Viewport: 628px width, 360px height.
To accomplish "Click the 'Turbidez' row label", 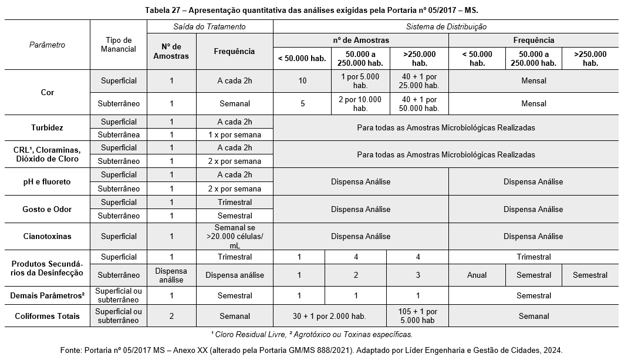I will pyautogui.click(x=47, y=127).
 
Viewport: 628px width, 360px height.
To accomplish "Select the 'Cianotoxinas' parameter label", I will pyautogui.click(x=47, y=236).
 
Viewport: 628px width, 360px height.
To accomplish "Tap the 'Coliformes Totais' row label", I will pyautogui.click(x=47, y=316).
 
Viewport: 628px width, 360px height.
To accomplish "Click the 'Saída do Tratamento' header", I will pyautogui.click(x=210, y=27).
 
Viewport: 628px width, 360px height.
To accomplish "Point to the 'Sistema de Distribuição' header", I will pyautogui.click(x=446, y=27).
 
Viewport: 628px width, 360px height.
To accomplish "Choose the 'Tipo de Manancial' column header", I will pyautogui.click(x=118, y=45).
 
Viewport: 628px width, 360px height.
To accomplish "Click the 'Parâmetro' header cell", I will pyautogui.click(x=47, y=45).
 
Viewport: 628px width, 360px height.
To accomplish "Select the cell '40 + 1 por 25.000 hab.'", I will pyautogui.click(x=419, y=81).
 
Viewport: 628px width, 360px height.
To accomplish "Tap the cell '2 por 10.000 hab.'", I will pyautogui.click(x=360, y=104).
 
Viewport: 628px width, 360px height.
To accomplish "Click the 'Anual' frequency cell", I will pyautogui.click(x=477, y=275).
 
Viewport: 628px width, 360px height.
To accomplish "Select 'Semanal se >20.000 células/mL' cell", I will pyautogui.click(x=234, y=236).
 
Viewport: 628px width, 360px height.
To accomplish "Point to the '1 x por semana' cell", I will pyautogui.click(x=234, y=134).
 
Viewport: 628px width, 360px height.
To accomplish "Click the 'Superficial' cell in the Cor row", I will pyautogui.click(x=118, y=80).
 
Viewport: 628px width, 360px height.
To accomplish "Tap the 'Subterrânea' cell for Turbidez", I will pyautogui.click(x=118, y=134).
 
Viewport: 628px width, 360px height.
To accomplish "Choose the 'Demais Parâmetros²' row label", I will pyautogui.click(x=47, y=295).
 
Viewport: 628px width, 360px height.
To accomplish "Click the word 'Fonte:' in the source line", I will pyautogui.click(x=71, y=350).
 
